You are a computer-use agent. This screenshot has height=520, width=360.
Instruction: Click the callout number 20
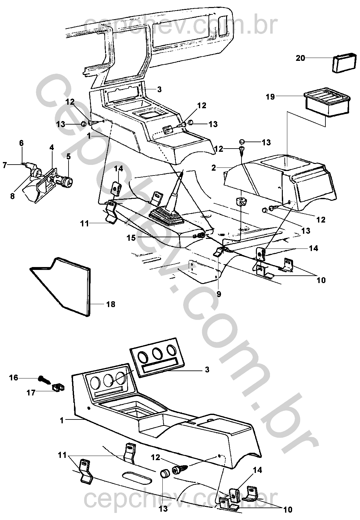(300, 58)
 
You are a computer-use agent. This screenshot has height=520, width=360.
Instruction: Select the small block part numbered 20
(344, 62)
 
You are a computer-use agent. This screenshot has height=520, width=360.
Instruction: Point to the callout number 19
(270, 96)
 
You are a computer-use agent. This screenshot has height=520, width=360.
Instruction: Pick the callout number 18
(110, 304)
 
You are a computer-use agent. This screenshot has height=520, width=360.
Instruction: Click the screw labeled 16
(45, 380)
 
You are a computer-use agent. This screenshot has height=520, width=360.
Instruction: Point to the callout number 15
(131, 238)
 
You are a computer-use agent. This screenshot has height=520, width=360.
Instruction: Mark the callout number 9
(218, 294)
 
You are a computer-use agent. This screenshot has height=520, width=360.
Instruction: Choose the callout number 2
(214, 167)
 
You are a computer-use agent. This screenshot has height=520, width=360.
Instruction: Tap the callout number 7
(5, 165)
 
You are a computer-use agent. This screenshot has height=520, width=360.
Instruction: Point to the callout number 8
(12, 195)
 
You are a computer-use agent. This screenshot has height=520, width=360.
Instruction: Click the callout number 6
(21, 143)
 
